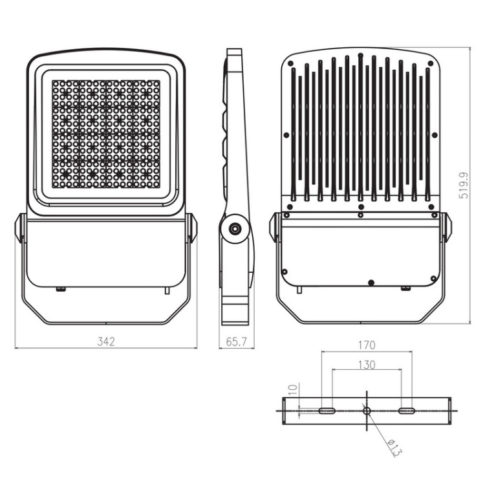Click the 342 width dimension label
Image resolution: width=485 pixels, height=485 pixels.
106,341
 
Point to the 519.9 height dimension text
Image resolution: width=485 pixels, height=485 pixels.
463,184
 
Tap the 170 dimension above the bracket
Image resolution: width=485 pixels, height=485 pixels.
366,345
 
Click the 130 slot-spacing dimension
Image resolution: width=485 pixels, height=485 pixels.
366,365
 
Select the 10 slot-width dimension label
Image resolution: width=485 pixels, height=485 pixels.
292,389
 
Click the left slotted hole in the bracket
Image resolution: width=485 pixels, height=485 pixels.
327,411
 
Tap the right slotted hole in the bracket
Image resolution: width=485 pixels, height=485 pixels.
407,411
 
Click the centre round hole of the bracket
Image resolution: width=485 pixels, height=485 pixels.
367,411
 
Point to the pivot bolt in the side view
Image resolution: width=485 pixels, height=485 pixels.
233,228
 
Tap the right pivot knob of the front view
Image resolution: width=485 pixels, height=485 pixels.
191,228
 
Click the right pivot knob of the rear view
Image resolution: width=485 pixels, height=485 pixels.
447,228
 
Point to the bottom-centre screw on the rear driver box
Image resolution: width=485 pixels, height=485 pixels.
371,283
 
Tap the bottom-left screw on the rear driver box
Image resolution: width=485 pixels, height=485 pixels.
285,271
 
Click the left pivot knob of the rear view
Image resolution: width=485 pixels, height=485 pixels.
274,228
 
